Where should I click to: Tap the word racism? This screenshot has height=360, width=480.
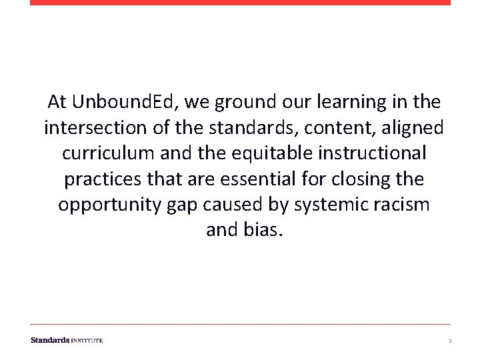403,205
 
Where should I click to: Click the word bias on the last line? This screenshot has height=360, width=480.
259,230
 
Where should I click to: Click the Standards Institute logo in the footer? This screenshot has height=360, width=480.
67,340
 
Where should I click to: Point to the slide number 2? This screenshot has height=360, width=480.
450,341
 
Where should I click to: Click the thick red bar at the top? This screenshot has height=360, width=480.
240,3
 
